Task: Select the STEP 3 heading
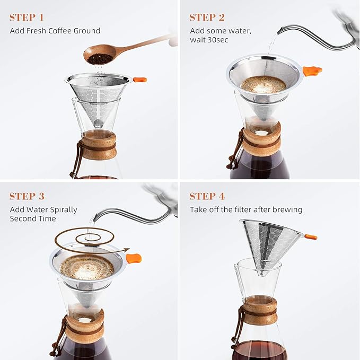[x=31, y=197]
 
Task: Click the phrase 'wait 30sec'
[x=209, y=40]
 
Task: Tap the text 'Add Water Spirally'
[x=43, y=209]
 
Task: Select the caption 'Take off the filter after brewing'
[x=246, y=209]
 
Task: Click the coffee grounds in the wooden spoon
[x=99, y=58]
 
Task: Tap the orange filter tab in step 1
[x=139, y=80]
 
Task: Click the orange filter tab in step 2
[x=312, y=71]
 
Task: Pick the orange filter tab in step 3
[x=134, y=259]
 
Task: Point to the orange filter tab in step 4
[x=311, y=236]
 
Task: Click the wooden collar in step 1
[x=99, y=146]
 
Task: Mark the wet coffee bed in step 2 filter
[x=264, y=84]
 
